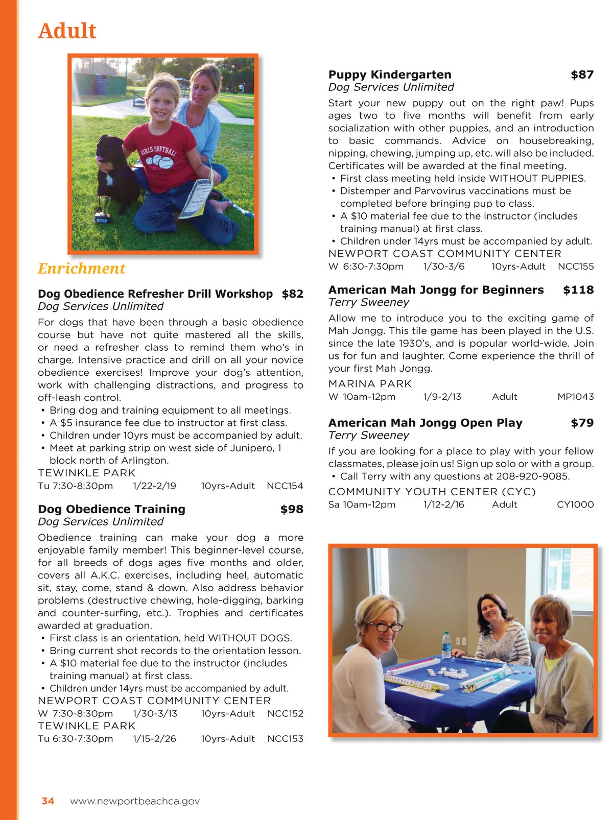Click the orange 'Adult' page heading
pyautogui.click(x=67, y=31)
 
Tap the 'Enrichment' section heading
pyautogui.click(x=82, y=269)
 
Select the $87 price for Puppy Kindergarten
pyautogui.click(x=582, y=75)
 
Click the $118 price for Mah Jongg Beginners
pyautogui.click(x=578, y=290)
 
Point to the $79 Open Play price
pyautogui.click(x=582, y=423)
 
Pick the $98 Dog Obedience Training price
pyautogui.click(x=292, y=509)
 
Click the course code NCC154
pyautogui.click(x=285, y=486)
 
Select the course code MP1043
pyautogui.click(x=575, y=397)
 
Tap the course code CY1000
pyautogui.click(x=575, y=504)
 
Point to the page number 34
pyautogui.click(x=48, y=801)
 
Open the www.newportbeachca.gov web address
pyautogui.click(x=135, y=801)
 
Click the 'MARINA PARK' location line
pyautogui.click(x=370, y=384)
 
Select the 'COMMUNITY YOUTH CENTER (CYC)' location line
pyautogui.click(x=432, y=492)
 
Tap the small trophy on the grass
pyautogui.click(x=103, y=210)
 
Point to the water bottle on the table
pyautogui.click(x=446, y=644)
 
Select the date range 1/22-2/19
pyautogui.click(x=154, y=486)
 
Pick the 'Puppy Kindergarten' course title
pyautogui.click(x=390, y=75)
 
